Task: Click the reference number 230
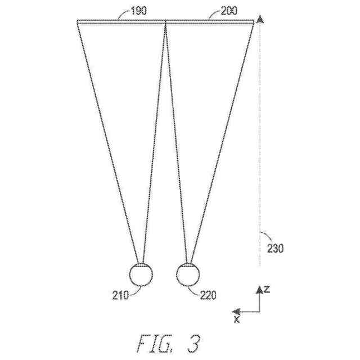pyautogui.click(x=276, y=247)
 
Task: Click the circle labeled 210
pyautogui.click(x=141, y=274)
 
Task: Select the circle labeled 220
pyautogui.click(x=188, y=274)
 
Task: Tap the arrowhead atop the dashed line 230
pyautogui.click(x=259, y=20)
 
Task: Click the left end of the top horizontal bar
pyautogui.click(x=78, y=21)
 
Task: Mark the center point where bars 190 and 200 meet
pyautogui.click(x=166, y=21)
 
